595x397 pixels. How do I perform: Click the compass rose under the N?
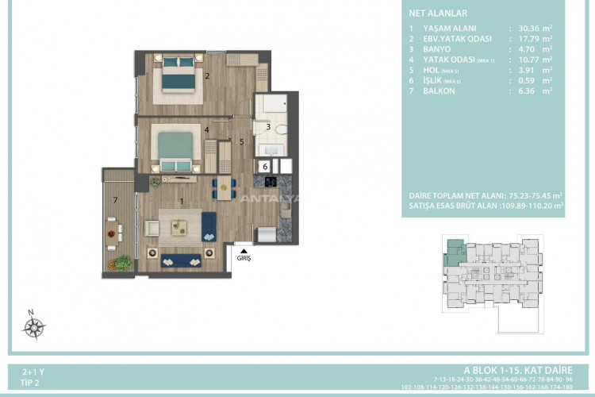[35, 326]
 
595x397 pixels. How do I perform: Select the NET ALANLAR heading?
[437, 13]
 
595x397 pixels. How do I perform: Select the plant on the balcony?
[121, 261]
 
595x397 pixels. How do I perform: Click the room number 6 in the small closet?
[265, 167]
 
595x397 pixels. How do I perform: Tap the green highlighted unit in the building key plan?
[454, 248]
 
